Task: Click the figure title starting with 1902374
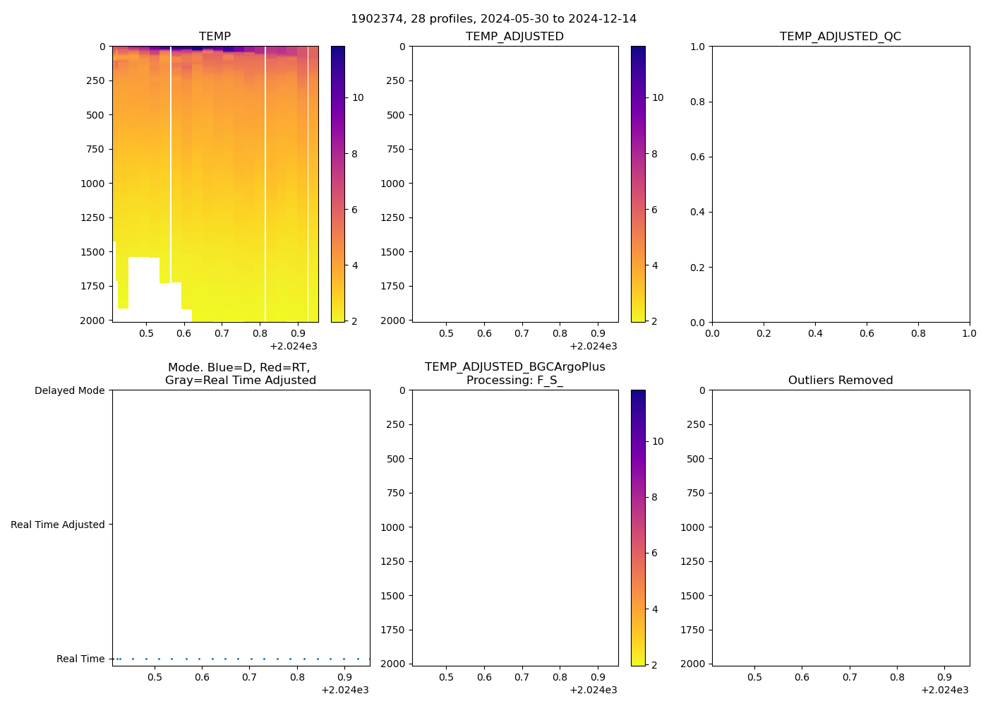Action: (x=493, y=19)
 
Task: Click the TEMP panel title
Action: (x=215, y=37)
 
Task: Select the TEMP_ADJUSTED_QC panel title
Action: (x=840, y=37)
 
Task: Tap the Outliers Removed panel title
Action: (x=840, y=381)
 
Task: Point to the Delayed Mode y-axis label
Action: (x=69, y=390)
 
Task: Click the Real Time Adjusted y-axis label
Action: (x=57, y=525)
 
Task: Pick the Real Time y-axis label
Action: (x=80, y=659)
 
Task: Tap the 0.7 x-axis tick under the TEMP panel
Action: (x=222, y=333)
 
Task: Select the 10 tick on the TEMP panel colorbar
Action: (x=358, y=97)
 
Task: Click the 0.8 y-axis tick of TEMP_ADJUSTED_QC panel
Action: (x=697, y=102)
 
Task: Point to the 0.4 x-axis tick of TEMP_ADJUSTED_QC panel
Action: (x=815, y=333)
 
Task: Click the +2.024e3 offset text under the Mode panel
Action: (x=344, y=690)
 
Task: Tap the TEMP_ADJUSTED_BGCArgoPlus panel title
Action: (x=514, y=373)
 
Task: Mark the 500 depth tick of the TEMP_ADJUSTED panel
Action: (x=396, y=115)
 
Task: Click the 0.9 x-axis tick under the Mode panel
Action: (x=344, y=677)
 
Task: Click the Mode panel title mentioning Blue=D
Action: (x=240, y=373)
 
